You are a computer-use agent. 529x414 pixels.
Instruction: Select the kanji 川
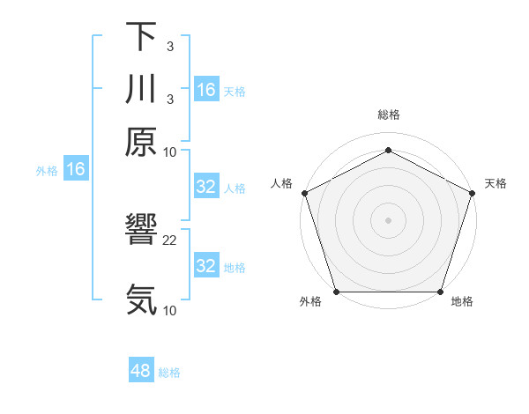pos(141,90)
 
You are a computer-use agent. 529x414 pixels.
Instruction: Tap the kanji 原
pos(141,142)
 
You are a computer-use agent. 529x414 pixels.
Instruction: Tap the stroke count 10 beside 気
pos(170,310)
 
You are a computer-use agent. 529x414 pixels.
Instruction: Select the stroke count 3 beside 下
pos(169,46)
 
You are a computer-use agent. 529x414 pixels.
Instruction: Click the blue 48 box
pos(141,371)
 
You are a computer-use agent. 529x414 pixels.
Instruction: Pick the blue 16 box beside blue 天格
pos(206,90)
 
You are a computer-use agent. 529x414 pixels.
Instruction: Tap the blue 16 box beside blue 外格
pos(76,170)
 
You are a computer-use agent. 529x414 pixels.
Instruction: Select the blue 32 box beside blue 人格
pos(206,187)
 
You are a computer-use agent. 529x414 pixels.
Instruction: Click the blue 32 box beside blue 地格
pos(206,266)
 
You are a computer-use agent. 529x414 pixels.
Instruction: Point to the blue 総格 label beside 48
pos(169,373)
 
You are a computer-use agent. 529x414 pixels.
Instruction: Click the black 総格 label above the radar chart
pos(389,115)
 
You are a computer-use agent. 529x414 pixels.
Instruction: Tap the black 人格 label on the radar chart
pos(281,183)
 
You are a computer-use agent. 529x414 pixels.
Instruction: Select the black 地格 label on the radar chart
pos(462,301)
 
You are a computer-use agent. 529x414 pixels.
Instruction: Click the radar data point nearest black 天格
pos(473,193)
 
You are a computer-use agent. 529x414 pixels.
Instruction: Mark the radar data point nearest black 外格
pos(336,292)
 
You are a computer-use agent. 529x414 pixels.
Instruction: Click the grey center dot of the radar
pos(388,219)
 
